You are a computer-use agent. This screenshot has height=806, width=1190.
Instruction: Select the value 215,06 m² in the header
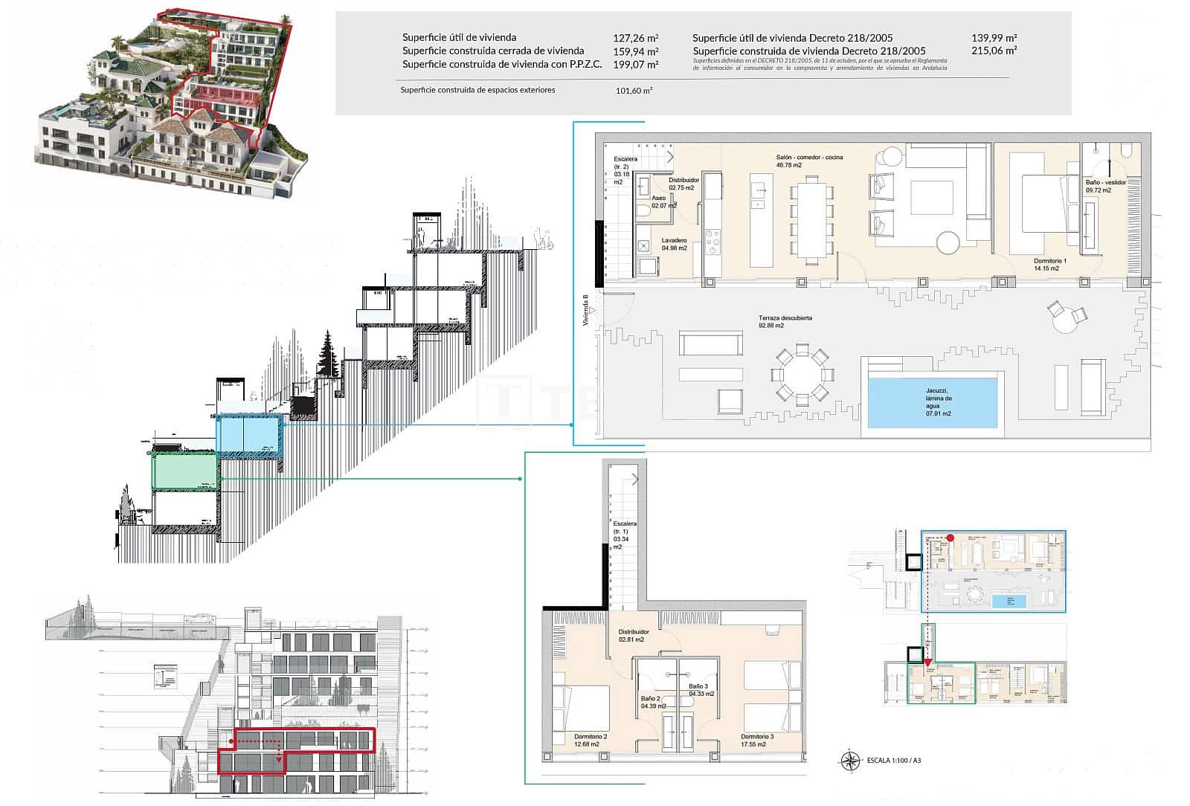pyautogui.click(x=994, y=51)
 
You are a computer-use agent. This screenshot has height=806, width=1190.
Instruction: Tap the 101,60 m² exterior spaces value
pyautogui.click(x=634, y=91)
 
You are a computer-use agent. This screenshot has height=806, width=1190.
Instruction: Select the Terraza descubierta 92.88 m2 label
pyautogui.click(x=785, y=321)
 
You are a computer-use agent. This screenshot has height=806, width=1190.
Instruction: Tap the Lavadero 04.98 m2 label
pyautogui.click(x=674, y=244)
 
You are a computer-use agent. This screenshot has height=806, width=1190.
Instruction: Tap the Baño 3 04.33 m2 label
pyautogui.click(x=701, y=690)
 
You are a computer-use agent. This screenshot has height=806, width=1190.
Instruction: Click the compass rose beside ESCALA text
pyautogui.click(x=849, y=760)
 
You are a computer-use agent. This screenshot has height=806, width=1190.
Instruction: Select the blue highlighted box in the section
pyautogui.click(x=249, y=434)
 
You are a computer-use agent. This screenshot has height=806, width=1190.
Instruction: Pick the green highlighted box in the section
pyautogui.click(x=185, y=472)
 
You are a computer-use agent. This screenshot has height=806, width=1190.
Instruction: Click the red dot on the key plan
pyautogui.click(x=951, y=538)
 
